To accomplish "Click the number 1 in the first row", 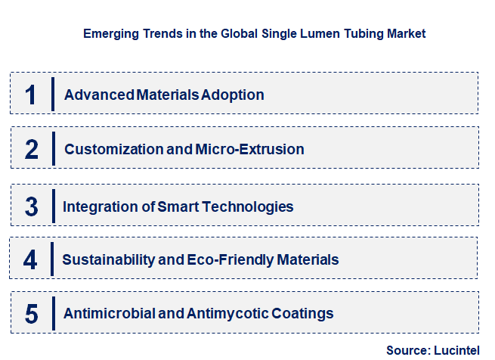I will [30, 95].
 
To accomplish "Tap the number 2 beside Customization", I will [31, 149].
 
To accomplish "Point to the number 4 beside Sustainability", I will [30, 260].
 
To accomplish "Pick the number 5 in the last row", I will [31, 313].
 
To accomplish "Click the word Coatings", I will [302, 313].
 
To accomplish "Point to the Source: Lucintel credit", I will [432, 349].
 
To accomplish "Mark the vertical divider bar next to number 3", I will [53, 206].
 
